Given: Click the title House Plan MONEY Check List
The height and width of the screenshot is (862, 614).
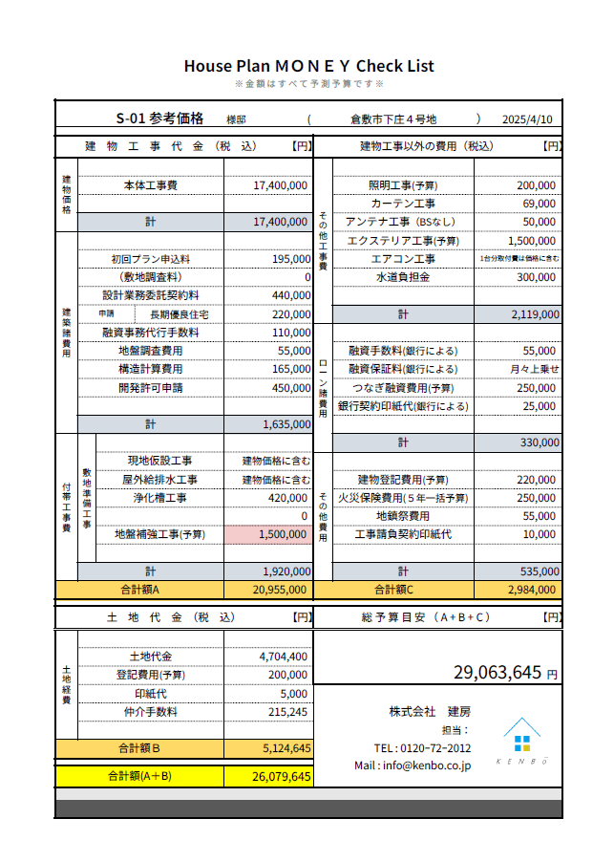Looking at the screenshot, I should coord(308,66).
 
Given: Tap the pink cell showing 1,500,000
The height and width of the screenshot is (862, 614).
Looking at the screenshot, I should coord(268,534).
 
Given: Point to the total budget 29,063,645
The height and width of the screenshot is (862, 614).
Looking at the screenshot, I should coord(498,673).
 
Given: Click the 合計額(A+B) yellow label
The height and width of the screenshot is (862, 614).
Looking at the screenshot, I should coord(139,776).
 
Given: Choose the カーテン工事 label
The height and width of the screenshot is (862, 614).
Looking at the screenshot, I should coord(403,204).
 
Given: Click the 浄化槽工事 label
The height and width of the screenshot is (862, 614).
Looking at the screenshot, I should coord(160,498).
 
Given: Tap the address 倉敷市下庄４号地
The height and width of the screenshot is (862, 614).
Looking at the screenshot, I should coord(392,119).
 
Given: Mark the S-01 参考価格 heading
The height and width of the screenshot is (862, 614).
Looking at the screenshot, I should coord(160,119).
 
